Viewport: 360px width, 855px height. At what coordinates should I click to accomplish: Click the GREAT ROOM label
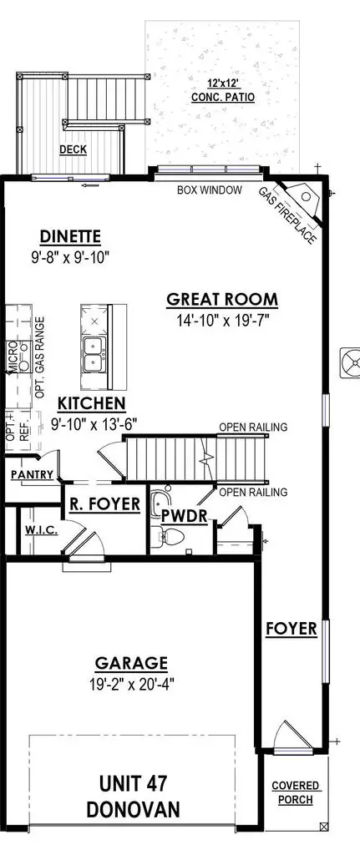221,300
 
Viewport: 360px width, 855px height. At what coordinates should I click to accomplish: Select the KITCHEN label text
91,403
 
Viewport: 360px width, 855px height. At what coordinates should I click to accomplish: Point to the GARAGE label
131,664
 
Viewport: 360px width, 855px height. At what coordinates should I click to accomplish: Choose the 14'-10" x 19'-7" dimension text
221,319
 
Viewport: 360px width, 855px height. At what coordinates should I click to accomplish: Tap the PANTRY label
33,475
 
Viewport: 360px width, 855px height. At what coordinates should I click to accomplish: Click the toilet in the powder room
165,534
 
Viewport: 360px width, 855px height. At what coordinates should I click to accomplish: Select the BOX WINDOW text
209,190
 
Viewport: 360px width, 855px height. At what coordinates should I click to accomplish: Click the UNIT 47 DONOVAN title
131,796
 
